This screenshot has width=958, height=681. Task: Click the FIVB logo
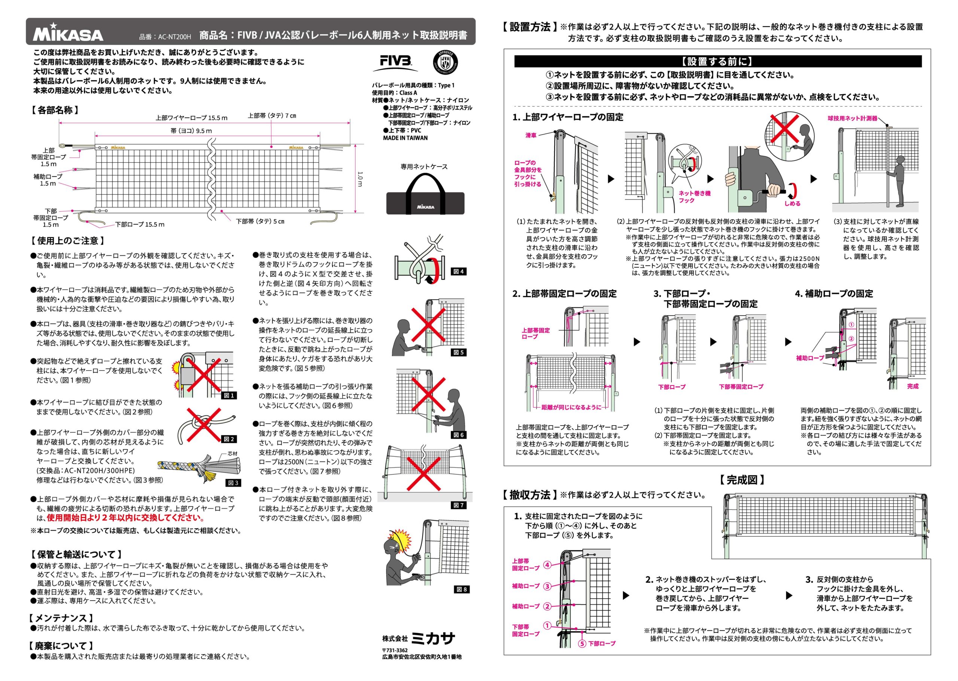(396, 63)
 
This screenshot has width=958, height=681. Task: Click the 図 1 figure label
(229, 395)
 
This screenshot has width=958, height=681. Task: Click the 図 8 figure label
(461, 589)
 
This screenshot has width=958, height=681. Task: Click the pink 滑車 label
(531, 135)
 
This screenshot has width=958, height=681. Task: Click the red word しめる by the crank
(792, 203)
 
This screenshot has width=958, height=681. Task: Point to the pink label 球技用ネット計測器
(852, 118)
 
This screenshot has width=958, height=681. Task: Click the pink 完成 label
(913, 386)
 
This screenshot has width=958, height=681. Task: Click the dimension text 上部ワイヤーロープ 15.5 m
(191, 118)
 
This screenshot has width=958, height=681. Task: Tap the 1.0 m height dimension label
(360, 179)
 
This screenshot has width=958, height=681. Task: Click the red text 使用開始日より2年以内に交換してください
(125, 518)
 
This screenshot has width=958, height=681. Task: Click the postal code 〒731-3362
(394, 650)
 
